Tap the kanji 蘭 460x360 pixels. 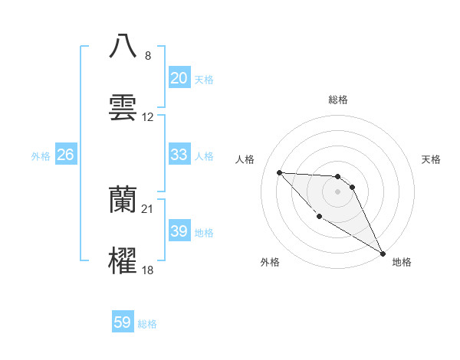(123, 199)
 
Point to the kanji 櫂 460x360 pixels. (123, 260)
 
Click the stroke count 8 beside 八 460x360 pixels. (147, 56)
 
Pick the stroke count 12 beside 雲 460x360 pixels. (149, 117)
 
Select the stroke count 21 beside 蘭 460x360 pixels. (148, 209)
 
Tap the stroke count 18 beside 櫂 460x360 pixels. (148, 270)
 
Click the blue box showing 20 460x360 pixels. (179, 78)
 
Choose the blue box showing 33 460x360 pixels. (179, 155)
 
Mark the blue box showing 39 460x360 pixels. (179, 231)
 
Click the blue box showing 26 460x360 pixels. (66, 155)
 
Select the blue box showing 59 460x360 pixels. (123, 322)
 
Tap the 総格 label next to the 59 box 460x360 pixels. (147, 324)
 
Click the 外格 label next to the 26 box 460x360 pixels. (41, 156)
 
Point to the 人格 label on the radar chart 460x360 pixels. (245, 159)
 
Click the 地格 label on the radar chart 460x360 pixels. (402, 262)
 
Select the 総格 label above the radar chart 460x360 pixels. (338, 100)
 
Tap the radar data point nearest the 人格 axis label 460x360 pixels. (279, 172)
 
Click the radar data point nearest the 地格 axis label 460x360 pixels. (383, 253)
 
